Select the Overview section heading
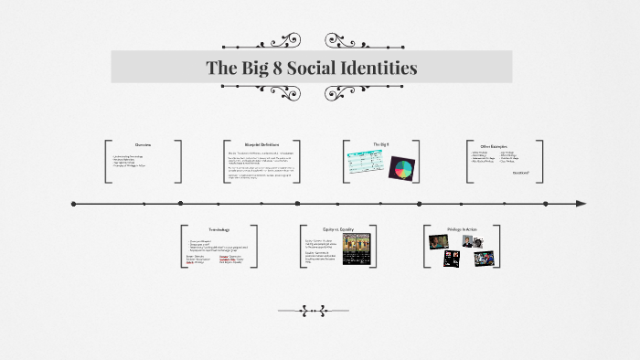coord(143,145)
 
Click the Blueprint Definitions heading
coord(262,145)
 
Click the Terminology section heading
coord(219,228)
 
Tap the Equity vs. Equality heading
coord(338,228)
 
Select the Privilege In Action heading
coord(462,228)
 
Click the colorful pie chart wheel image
coord(401,169)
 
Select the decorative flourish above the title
coord(320,41)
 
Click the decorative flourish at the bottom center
coord(320,308)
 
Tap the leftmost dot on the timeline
coord(73,203)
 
